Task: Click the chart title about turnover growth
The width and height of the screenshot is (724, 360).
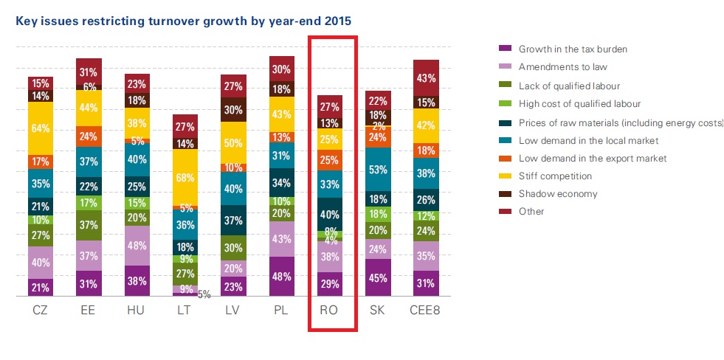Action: click(183, 21)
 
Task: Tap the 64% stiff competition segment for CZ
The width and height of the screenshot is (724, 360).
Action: click(41, 128)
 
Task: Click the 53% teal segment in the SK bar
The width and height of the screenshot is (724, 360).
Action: click(377, 170)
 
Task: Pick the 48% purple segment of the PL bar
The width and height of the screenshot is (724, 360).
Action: click(280, 277)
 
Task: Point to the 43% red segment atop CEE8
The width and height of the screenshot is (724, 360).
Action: click(426, 77)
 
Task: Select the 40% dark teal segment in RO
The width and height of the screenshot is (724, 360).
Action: click(329, 214)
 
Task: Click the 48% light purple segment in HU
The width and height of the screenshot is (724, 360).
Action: click(137, 246)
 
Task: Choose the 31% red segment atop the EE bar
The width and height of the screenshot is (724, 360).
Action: click(89, 72)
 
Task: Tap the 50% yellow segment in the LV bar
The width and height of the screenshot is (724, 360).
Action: click(232, 142)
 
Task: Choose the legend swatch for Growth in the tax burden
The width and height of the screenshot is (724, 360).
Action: click(506, 49)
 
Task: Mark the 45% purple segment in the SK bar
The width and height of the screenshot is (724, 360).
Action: click(377, 277)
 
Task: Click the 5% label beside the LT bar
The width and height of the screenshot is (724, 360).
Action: click(204, 294)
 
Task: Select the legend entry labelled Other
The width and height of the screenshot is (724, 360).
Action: click(531, 212)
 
